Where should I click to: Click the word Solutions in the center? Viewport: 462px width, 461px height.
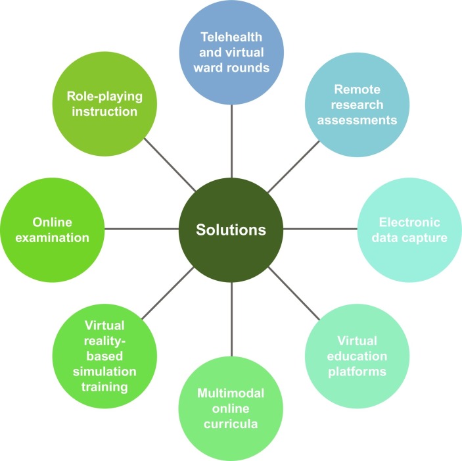coord(231,230)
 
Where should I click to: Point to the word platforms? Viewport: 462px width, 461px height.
coord(357,372)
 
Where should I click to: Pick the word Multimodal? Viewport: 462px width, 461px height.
coord(231,394)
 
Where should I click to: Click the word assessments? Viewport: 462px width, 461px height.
coord(355,120)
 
